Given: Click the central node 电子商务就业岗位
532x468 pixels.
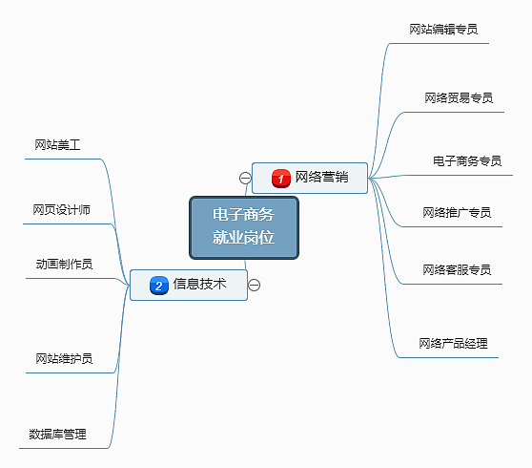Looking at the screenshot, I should coord(244,226).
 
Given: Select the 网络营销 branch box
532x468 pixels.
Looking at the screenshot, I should coord(310,178).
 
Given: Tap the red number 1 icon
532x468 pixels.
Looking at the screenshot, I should coord(280,178).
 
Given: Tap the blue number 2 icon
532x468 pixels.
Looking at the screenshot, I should coord(159,285).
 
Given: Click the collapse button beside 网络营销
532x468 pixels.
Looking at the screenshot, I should coord(245,178).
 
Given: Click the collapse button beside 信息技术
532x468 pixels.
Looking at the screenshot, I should coord(255,284).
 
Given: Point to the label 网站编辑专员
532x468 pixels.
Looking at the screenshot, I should coord(442,30).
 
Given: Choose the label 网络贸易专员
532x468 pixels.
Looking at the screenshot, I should coord(458,97).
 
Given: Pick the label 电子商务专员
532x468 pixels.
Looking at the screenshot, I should coord(466,160).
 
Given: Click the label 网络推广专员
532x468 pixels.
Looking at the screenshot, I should coord(457,212).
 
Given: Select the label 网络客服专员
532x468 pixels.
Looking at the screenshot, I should coord(457,270).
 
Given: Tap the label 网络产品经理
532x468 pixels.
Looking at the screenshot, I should coord(453,343).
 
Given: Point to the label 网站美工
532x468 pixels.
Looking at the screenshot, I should coord(57,145).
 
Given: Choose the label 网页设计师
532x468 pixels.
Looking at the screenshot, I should coord(61,210).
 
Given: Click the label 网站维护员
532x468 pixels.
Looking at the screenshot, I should coord(64,358).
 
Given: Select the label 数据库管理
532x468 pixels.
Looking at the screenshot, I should coord(57,435).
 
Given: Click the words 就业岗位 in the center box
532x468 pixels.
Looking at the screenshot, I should coord(244,238).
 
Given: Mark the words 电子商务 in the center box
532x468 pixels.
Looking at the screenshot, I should coord(244,215).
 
